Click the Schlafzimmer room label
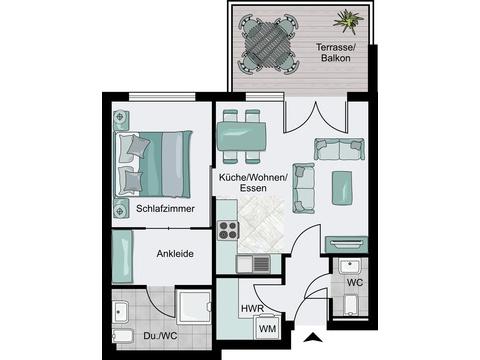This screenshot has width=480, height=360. click(x=165, y=209)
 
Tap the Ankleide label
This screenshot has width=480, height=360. click(x=175, y=254)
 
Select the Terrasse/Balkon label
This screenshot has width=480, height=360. click(x=336, y=52)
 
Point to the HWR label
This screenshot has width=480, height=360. click(x=252, y=309)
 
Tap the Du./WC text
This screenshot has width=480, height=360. click(x=160, y=336)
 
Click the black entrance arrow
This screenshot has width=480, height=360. click(x=313, y=337)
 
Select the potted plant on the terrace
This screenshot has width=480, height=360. click(x=348, y=21)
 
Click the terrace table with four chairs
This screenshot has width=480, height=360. click(x=268, y=44)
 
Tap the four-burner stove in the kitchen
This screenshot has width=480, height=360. click(x=228, y=230)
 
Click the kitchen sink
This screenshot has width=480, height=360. click(x=254, y=264)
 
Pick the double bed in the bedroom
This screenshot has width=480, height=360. click(x=154, y=164)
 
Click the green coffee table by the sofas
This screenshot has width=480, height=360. click(x=342, y=188)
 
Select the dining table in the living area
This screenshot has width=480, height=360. click(x=242, y=137)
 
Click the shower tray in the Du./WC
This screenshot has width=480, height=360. click(x=194, y=307)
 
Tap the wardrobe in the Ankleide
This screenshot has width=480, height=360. click(x=122, y=257)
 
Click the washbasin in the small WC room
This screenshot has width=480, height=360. click(x=349, y=266)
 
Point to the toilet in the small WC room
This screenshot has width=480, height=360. click(x=350, y=305)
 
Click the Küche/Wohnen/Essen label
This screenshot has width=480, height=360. click(x=253, y=183)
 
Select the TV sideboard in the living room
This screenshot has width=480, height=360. click(x=346, y=244)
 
